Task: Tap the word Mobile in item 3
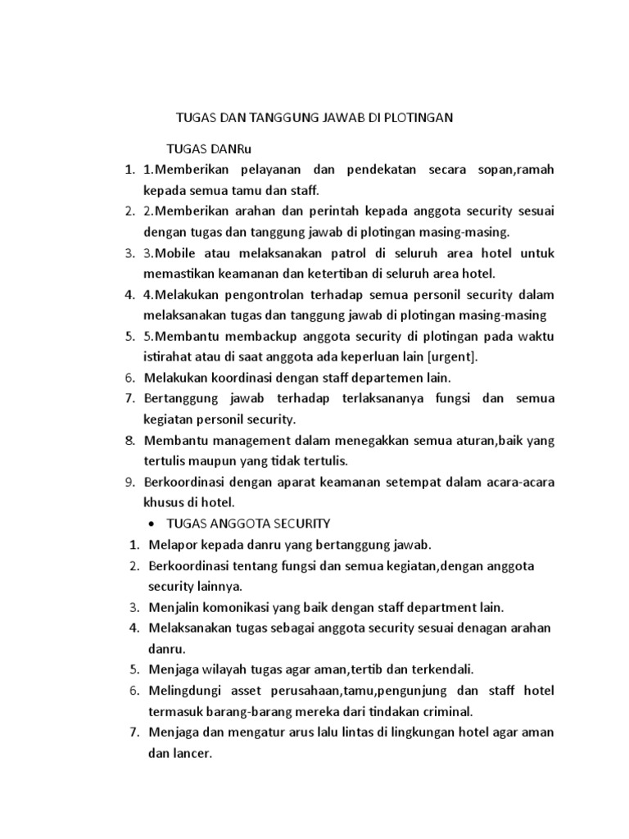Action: point(178,253)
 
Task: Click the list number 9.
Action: point(129,482)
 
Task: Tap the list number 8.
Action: point(129,441)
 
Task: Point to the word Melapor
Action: point(172,545)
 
